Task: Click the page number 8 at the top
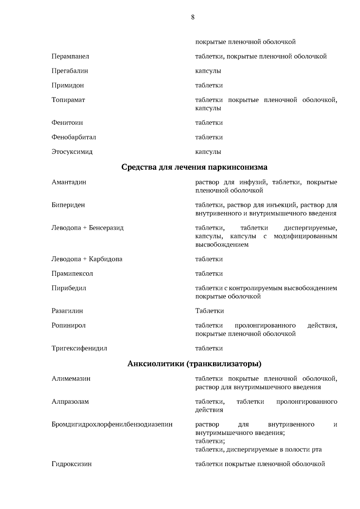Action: click(x=193, y=17)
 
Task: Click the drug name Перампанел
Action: click(x=70, y=56)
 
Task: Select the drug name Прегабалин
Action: click(x=70, y=71)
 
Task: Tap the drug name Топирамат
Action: click(x=68, y=100)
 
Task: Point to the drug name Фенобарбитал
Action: click(x=73, y=137)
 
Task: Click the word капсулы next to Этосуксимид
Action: click(x=208, y=152)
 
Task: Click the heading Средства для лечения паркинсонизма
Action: click(x=194, y=167)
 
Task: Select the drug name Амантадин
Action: click(x=69, y=182)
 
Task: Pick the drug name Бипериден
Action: click(x=68, y=205)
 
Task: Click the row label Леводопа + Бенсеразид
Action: click(x=87, y=228)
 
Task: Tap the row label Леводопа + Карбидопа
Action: click(x=87, y=259)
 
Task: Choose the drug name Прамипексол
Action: click(x=72, y=274)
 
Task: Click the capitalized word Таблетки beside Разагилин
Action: click(x=209, y=311)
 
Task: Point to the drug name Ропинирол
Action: click(x=68, y=325)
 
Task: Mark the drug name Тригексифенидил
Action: click(x=79, y=349)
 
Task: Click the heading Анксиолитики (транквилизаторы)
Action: click(x=194, y=364)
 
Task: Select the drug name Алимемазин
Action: click(x=71, y=379)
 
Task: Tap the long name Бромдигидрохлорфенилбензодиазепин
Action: click(x=112, y=424)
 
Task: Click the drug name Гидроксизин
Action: click(x=71, y=464)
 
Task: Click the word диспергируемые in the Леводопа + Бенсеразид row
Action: click(x=310, y=228)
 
